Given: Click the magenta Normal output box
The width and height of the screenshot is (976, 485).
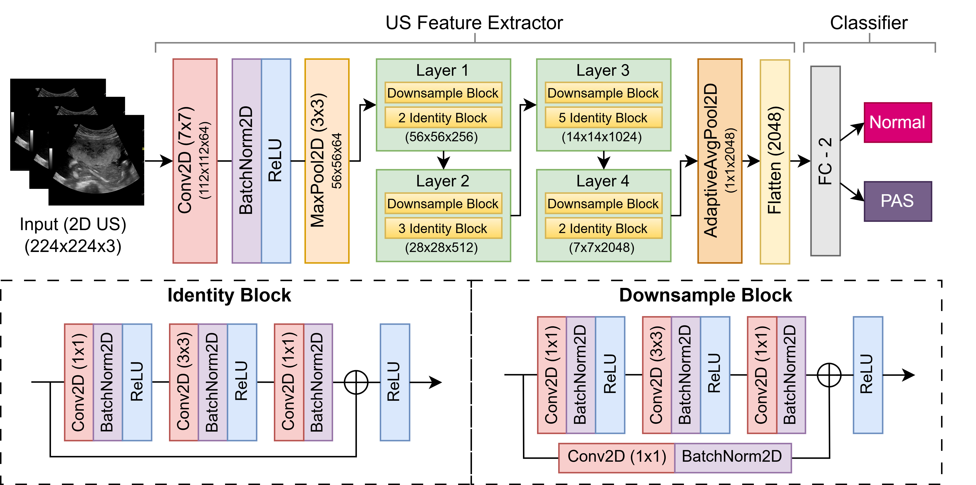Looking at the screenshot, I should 897,122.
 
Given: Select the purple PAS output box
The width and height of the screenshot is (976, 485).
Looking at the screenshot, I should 897,201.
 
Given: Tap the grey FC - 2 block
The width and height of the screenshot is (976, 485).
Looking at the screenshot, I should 825,161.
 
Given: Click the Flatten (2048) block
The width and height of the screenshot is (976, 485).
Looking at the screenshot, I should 774,161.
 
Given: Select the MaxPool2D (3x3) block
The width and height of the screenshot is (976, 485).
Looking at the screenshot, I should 327,161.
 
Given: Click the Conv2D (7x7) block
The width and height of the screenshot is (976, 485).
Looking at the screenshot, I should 195,161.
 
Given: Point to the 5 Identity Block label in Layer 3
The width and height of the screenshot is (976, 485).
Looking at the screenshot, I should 603,118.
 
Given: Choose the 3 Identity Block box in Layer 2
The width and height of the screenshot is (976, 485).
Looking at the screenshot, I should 443,228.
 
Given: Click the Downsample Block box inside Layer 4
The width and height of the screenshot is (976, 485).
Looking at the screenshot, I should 603,204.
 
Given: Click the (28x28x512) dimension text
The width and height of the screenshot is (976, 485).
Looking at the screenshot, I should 441,248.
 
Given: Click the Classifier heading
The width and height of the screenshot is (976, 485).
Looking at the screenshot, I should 868,23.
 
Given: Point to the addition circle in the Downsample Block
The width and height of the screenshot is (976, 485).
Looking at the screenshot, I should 829,375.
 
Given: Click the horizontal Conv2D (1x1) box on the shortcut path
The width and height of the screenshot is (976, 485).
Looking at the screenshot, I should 616,457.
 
